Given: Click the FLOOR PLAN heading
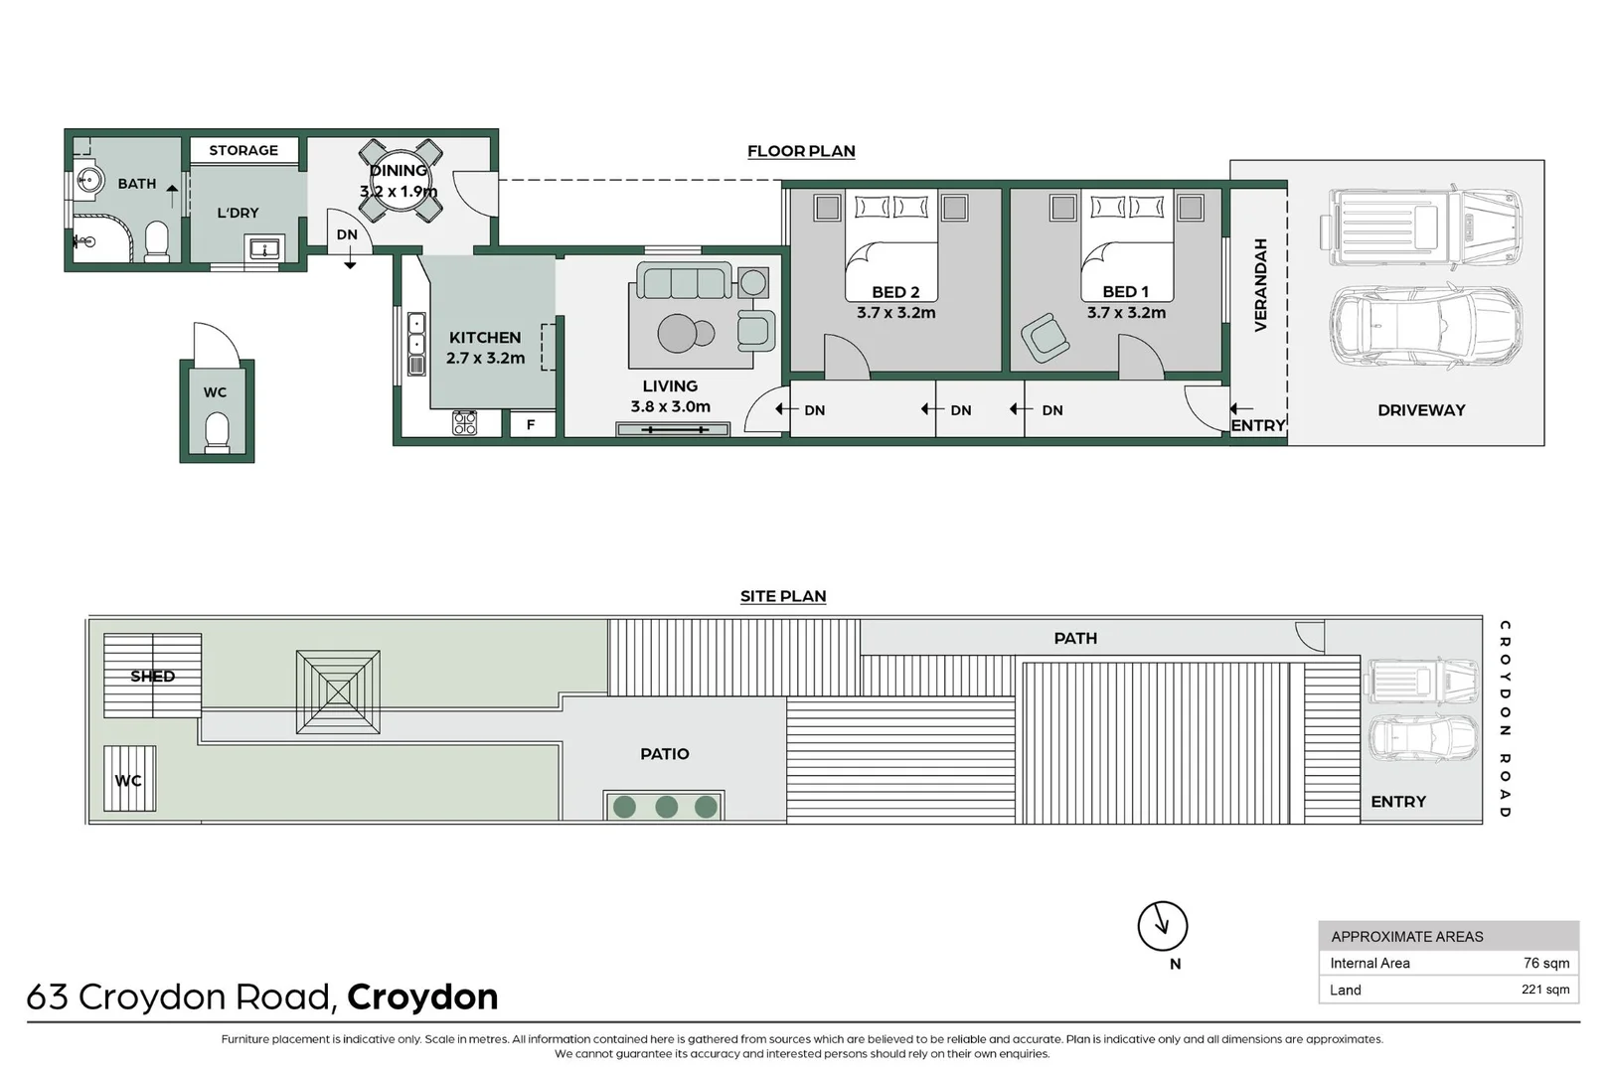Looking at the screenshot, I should [800, 151].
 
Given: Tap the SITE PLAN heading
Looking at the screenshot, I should [782, 596].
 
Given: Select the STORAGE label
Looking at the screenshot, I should [243, 150].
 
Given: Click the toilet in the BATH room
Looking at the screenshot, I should [157, 241].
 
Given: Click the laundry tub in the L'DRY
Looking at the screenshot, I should [264, 248].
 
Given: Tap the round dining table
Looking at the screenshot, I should [399, 181].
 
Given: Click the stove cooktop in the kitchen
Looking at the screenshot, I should [464, 423].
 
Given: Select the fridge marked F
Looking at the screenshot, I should [531, 424].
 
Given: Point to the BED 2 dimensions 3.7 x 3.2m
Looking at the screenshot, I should [895, 313].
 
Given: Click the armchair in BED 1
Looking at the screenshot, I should [1045, 337].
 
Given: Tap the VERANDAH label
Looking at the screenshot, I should [1260, 285].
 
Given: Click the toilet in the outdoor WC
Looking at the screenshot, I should [216, 432].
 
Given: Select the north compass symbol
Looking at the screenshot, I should [1162, 926].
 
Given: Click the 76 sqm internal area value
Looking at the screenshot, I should [1545, 963].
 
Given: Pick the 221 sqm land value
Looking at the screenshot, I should [1544, 990].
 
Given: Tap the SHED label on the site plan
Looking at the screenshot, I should [152, 677].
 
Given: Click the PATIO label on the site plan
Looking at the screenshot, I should [664, 754].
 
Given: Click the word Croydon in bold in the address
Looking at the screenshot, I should [422, 996].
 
